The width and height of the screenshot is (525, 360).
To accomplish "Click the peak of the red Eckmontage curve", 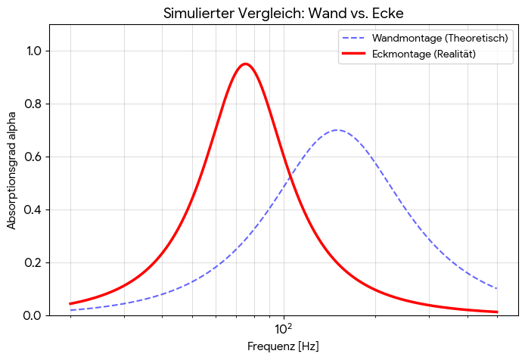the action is pyautogui.click(x=245, y=64).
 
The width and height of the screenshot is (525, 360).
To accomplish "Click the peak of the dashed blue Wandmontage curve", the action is pyautogui.click(x=337, y=130).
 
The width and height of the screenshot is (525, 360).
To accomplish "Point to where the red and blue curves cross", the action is pyautogui.click(x=290, y=175).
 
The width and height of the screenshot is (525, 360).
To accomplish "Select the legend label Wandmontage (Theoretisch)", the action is pyautogui.click(x=440, y=38).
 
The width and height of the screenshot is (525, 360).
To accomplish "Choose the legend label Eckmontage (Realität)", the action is pyautogui.click(x=424, y=54).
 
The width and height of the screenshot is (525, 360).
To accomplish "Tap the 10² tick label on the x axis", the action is pyautogui.click(x=284, y=329).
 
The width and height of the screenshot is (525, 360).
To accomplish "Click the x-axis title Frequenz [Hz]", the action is pyautogui.click(x=283, y=346).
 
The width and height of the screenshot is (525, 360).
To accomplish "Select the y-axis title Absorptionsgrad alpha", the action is pyautogui.click(x=11, y=171).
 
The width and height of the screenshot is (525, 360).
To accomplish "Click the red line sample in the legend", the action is pyautogui.click(x=353, y=54).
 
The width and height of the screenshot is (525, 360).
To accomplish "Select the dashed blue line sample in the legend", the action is pyautogui.click(x=353, y=38).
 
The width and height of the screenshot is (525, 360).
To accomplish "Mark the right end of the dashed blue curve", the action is pyautogui.click(x=497, y=288).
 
